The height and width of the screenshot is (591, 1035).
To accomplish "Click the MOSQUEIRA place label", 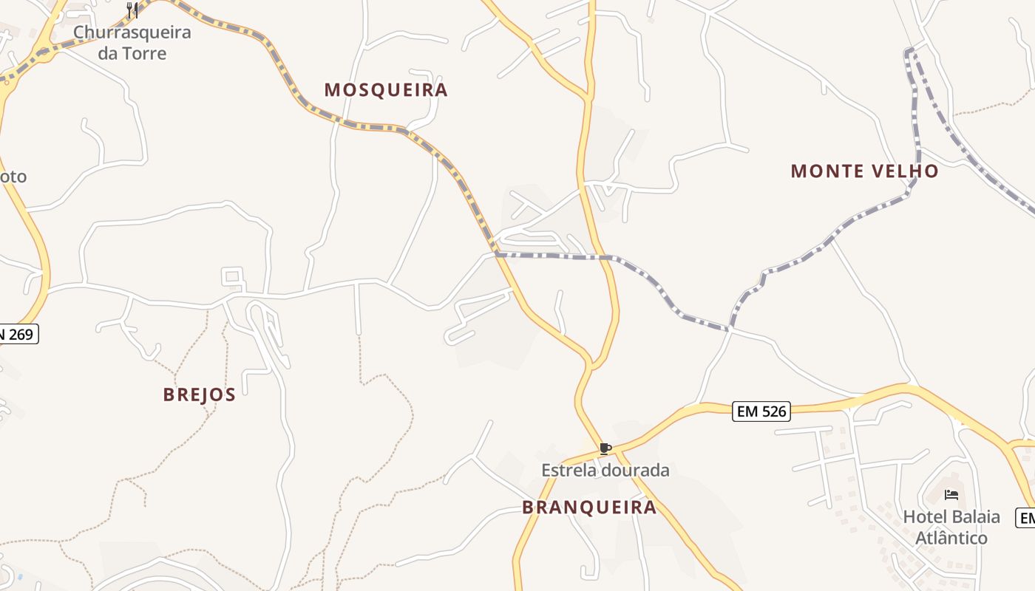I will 386,90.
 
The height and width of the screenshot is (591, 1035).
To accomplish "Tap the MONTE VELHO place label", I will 864,171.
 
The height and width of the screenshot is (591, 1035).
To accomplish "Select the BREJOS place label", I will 199,394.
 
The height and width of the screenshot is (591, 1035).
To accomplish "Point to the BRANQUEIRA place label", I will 589,508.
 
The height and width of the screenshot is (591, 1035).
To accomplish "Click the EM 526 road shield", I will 761,411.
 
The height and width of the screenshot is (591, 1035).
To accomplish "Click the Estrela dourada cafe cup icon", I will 605,448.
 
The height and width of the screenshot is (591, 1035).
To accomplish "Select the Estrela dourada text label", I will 605,471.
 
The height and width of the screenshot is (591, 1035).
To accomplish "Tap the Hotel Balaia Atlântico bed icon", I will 951,494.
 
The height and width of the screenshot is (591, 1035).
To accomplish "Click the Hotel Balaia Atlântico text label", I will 951,527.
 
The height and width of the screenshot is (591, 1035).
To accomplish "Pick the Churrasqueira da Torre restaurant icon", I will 132,10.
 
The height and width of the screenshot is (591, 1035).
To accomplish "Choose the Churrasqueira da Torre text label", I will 132,43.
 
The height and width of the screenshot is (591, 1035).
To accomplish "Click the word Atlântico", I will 951,538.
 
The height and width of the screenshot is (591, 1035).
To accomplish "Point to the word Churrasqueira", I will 132,33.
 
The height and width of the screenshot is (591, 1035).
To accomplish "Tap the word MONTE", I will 822,171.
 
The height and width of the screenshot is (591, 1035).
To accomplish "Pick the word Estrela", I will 569,471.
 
